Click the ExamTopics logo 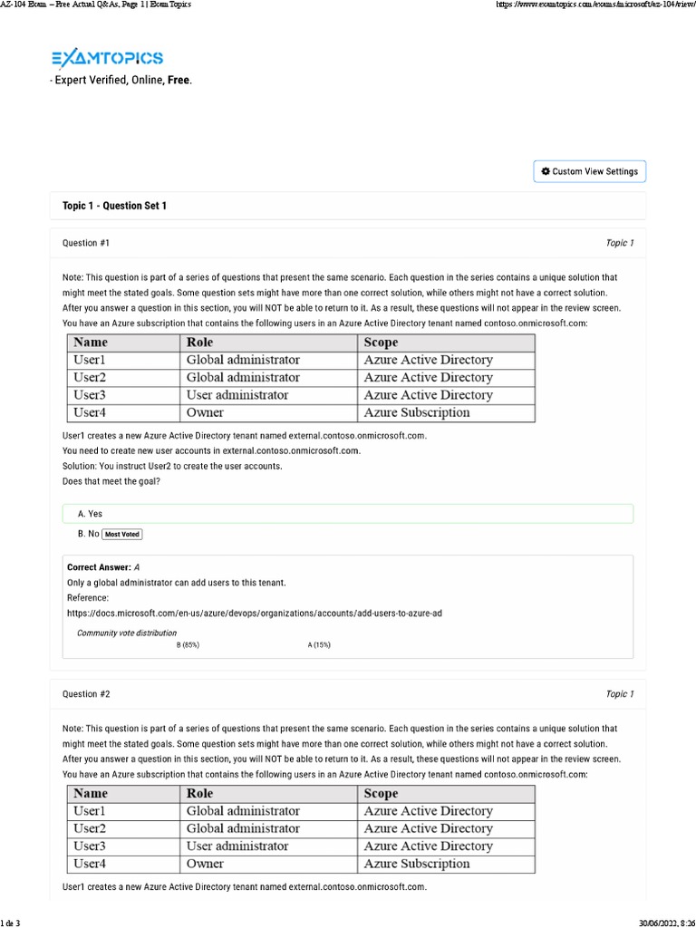107,59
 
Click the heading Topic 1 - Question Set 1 114,206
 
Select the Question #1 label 86,243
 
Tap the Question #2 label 86,694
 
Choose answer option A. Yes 91,514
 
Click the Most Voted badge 121,535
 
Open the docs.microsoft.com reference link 255,614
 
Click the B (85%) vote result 188,644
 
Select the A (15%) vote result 319,644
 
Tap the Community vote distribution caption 127,633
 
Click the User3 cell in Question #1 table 90,395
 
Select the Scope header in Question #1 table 381,342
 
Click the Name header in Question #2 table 91,793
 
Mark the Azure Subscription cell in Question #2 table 417,864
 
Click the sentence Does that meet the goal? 111,481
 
